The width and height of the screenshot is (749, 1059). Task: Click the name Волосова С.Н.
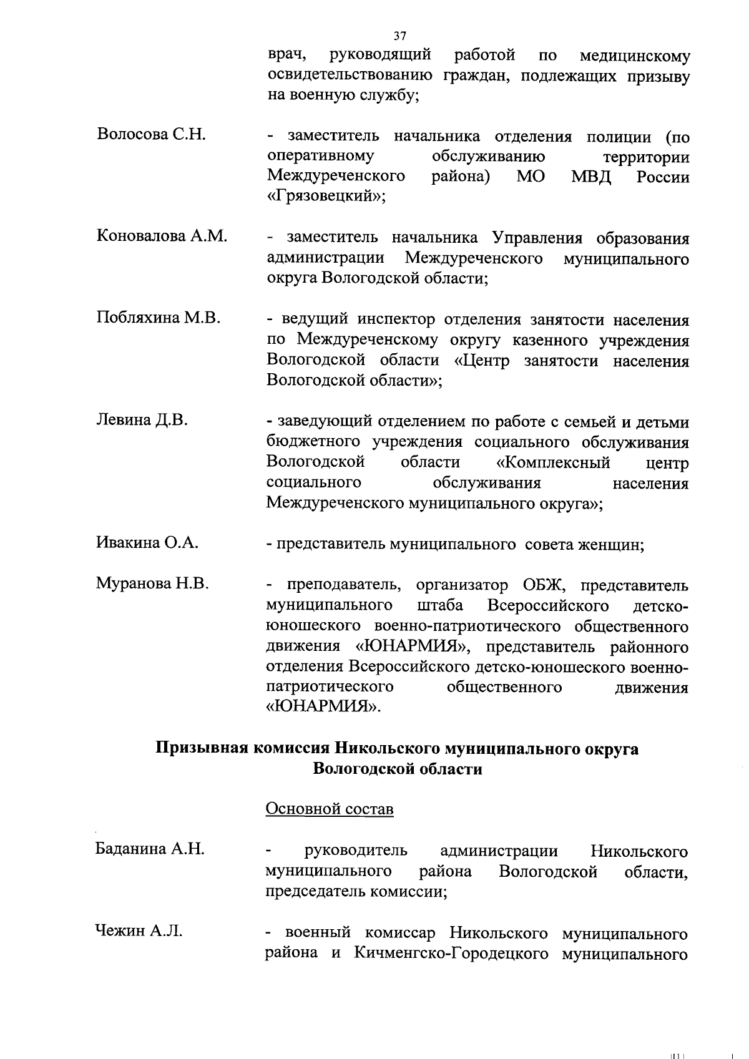tap(151, 134)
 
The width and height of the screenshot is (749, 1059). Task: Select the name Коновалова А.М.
tap(162, 236)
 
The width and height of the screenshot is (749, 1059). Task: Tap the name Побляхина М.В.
tap(159, 318)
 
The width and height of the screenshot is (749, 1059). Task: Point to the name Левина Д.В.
tap(142, 420)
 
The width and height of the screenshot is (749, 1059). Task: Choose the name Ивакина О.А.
tap(147, 543)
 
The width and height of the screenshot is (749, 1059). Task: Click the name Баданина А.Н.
tap(150, 849)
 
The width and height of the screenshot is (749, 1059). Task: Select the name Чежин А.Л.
tap(139, 931)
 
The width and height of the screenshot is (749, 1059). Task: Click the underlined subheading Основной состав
tap(330, 809)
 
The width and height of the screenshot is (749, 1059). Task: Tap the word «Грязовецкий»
tap(326, 197)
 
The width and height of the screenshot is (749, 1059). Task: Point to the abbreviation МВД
tap(591, 177)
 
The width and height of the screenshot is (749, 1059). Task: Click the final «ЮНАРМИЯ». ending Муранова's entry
tap(323, 707)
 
